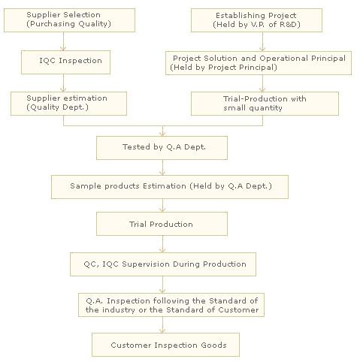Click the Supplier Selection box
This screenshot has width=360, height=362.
(x=69, y=20)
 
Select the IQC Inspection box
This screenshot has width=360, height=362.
(x=65, y=62)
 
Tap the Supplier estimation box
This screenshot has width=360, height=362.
(x=68, y=104)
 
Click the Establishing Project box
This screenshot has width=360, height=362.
(x=256, y=20)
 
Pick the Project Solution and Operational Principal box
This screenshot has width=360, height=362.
(x=259, y=63)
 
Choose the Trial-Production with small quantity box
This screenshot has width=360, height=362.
(x=265, y=104)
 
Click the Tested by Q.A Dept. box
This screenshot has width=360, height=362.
(x=162, y=148)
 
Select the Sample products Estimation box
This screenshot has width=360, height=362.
(x=170, y=187)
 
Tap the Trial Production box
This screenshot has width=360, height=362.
(x=162, y=224)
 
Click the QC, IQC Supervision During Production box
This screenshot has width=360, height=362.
(x=163, y=264)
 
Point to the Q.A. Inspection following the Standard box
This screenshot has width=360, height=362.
(x=171, y=305)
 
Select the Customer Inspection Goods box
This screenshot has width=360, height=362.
(x=165, y=345)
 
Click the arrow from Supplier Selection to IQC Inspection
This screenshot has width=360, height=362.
(x=63, y=41)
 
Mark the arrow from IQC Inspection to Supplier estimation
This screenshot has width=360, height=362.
(x=63, y=83)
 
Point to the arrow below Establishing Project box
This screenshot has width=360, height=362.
(x=262, y=42)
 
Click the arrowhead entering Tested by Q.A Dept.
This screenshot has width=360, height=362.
(x=162, y=134)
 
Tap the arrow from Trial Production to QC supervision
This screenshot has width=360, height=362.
(x=162, y=244)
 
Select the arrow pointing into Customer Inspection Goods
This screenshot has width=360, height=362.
(x=162, y=325)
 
